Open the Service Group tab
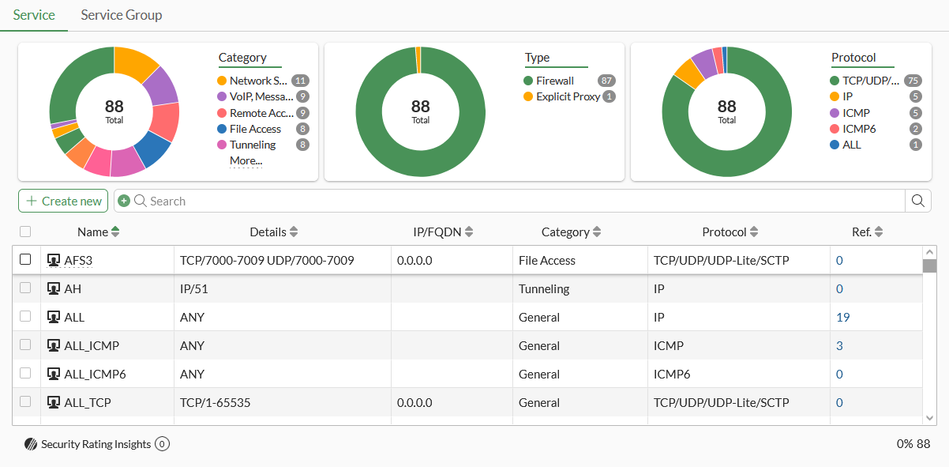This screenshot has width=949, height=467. [x=121, y=15]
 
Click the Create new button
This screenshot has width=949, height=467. [x=63, y=201]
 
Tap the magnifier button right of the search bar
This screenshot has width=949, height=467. [x=917, y=201]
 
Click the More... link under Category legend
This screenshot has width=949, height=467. [x=246, y=160]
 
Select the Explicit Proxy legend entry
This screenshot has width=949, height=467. [x=568, y=96]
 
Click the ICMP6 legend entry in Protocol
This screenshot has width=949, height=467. [x=859, y=129]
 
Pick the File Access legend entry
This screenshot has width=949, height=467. [x=255, y=129]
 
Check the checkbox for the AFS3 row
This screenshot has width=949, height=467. [x=25, y=259]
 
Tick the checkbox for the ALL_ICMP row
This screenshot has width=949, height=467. [x=25, y=345]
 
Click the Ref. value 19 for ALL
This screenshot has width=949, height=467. [x=842, y=318]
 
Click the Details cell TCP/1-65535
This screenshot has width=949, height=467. [x=215, y=402]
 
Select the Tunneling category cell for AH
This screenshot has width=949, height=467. [x=544, y=289]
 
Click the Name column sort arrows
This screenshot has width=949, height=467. [x=115, y=232]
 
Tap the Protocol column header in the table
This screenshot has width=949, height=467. [x=724, y=232]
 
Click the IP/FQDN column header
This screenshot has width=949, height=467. [x=437, y=232]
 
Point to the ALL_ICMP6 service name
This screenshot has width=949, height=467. [x=95, y=374]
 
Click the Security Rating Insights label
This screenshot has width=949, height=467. [x=96, y=444]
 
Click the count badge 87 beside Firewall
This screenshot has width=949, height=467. [x=606, y=81]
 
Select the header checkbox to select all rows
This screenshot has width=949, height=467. [x=25, y=232]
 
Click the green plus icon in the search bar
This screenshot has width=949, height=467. [x=124, y=201]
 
